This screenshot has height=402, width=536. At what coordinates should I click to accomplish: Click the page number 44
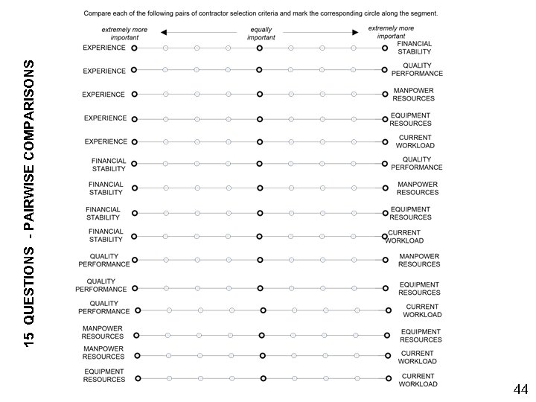coord(520,389)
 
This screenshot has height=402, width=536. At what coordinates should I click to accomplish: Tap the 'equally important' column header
coord(261,33)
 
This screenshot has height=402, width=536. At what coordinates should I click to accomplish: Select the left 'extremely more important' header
coord(124,33)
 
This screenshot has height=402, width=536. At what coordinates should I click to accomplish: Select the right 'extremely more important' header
coord(391,32)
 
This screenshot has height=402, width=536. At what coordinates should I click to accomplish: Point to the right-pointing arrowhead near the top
coord(357,33)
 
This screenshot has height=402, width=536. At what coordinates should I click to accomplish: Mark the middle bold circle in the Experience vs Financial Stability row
coord(259,48)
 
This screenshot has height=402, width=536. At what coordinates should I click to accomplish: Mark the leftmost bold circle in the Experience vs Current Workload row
coord(135,141)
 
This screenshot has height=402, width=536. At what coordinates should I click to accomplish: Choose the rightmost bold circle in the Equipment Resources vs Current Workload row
coord(389,379)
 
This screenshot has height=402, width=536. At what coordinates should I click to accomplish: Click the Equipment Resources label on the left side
coord(104,375)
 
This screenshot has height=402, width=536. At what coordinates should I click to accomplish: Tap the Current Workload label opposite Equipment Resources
coord(418,380)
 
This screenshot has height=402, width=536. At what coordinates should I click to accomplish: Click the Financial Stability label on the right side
coord(414,48)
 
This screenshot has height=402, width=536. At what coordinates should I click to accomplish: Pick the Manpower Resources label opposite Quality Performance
coord(418,260)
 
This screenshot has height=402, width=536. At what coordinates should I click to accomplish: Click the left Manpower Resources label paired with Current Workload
coord(103,352)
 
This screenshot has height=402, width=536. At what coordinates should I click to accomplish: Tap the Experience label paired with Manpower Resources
coord(104,95)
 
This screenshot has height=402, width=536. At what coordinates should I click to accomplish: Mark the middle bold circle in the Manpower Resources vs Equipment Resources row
coord(261,335)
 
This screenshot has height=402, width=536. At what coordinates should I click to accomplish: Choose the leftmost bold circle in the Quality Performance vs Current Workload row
coord(138,310)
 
